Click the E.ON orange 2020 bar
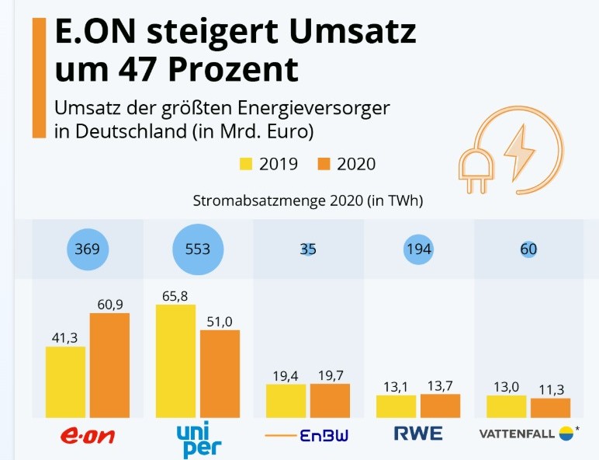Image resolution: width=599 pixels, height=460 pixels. (109, 366)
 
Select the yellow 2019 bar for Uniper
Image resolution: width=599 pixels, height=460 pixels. (175, 361)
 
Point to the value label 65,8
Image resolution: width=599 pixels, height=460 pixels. (175, 295)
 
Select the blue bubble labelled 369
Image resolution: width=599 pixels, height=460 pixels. (88, 249)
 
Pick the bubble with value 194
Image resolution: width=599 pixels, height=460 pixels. (418, 249)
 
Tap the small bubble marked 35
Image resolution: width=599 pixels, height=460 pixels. (308, 249)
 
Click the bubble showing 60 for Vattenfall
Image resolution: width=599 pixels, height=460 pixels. (528, 249)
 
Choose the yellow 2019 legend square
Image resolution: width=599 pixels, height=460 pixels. (247, 164)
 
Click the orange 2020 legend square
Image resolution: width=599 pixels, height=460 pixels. (324, 164)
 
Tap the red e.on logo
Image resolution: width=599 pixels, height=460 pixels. (87, 436)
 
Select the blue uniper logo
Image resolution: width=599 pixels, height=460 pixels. (199, 439)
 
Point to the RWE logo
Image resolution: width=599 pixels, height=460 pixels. (418, 434)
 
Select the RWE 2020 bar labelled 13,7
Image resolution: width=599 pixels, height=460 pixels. (440, 406)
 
